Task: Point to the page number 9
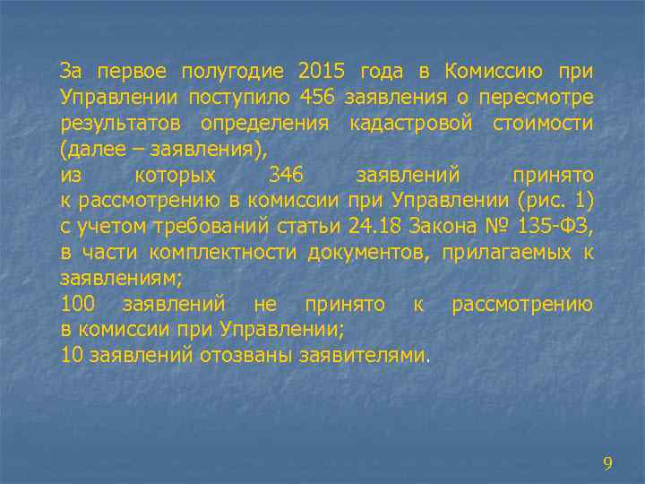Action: click(607, 463)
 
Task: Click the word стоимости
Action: click(542, 122)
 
